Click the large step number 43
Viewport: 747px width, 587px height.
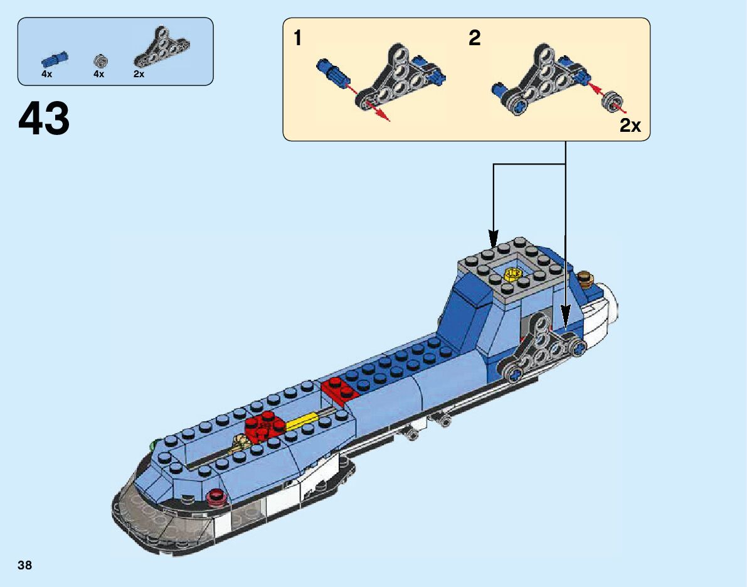(44, 119)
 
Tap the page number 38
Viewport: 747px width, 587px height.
(25, 565)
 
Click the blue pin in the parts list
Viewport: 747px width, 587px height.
(55, 60)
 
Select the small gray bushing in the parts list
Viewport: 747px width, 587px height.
(100, 60)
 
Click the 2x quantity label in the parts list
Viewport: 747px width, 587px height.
(139, 74)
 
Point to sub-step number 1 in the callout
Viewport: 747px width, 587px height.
(298, 39)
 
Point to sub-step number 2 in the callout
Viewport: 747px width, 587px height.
(475, 39)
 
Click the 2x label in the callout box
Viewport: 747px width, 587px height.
(630, 125)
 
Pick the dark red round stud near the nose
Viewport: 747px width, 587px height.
(218, 497)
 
